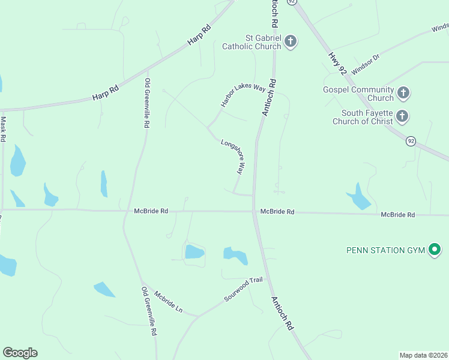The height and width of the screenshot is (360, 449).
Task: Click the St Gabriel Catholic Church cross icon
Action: tap(291, 41)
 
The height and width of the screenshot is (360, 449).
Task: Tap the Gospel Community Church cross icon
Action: tap(403, 93)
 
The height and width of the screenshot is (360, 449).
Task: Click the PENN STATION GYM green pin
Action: tap(435, 250)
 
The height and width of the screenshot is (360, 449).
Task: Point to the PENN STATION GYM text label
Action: tap(385, 250)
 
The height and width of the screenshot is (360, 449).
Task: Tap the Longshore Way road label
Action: tap(232, 157)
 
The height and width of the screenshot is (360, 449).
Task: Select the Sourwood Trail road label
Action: tap(244, 289)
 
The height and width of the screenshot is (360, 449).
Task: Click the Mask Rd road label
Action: tap(4, 128)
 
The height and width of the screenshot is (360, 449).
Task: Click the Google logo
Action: tap(20, 353)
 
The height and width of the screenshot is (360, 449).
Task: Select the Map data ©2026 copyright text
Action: tap(423, 355)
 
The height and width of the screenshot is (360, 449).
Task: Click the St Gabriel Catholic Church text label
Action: tap(252, 41)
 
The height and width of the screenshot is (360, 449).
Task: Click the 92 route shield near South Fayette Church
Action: tap(411, 141)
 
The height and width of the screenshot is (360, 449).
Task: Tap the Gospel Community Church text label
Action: tap(358, 94)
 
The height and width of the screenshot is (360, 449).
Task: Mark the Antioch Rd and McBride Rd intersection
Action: tap(254, 211)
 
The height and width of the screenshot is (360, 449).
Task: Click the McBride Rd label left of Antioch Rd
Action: tap(151, 211)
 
